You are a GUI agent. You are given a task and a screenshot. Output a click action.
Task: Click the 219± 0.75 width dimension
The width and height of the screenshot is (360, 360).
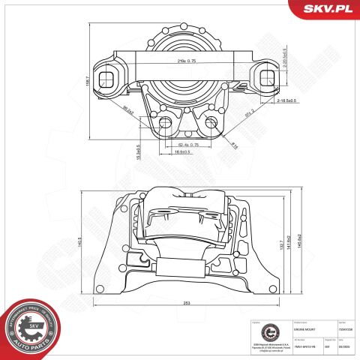click(x=181, y=59)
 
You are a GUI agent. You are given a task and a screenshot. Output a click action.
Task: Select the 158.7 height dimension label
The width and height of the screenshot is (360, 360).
click(x=88, y=79)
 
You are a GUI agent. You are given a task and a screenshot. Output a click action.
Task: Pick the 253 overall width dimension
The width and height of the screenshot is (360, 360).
click(x=184, y=304)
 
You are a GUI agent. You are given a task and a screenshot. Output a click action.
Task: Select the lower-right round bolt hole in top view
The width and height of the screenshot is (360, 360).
click(x=211, y=121)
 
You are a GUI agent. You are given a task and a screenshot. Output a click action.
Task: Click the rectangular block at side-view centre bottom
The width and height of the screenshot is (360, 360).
click(x=179, y=267)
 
